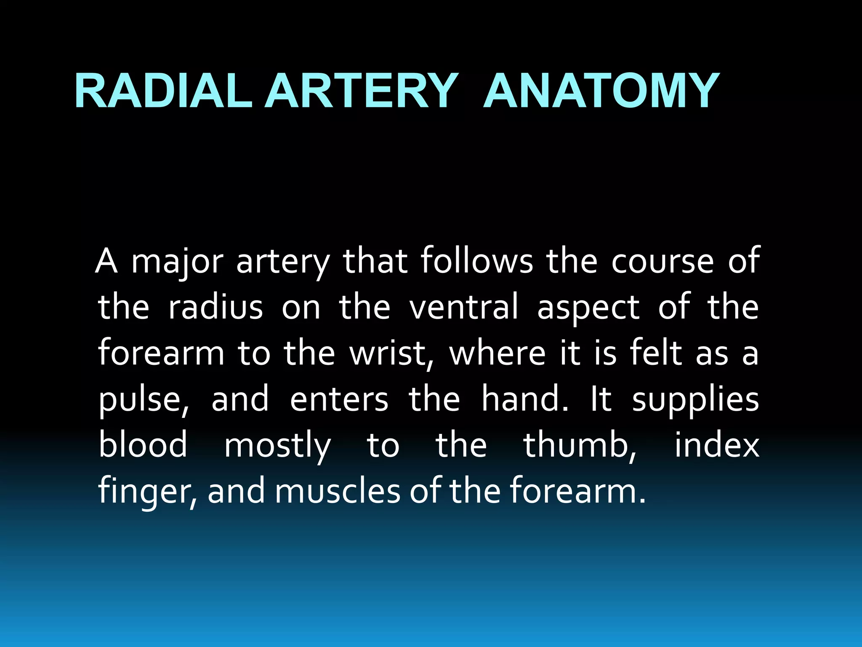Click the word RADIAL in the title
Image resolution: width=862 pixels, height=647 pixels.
point(163,91)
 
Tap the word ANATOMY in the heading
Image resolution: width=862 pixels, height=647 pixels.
point(601,91)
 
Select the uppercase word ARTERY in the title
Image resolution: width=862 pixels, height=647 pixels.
point(361,91)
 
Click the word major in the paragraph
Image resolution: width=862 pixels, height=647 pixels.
point(177,262)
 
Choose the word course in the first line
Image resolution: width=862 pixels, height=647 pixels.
point(662,262)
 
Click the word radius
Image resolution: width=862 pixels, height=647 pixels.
point(215,307)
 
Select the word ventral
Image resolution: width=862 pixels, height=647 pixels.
point(464,307)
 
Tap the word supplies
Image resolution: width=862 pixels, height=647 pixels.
point(695,400)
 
